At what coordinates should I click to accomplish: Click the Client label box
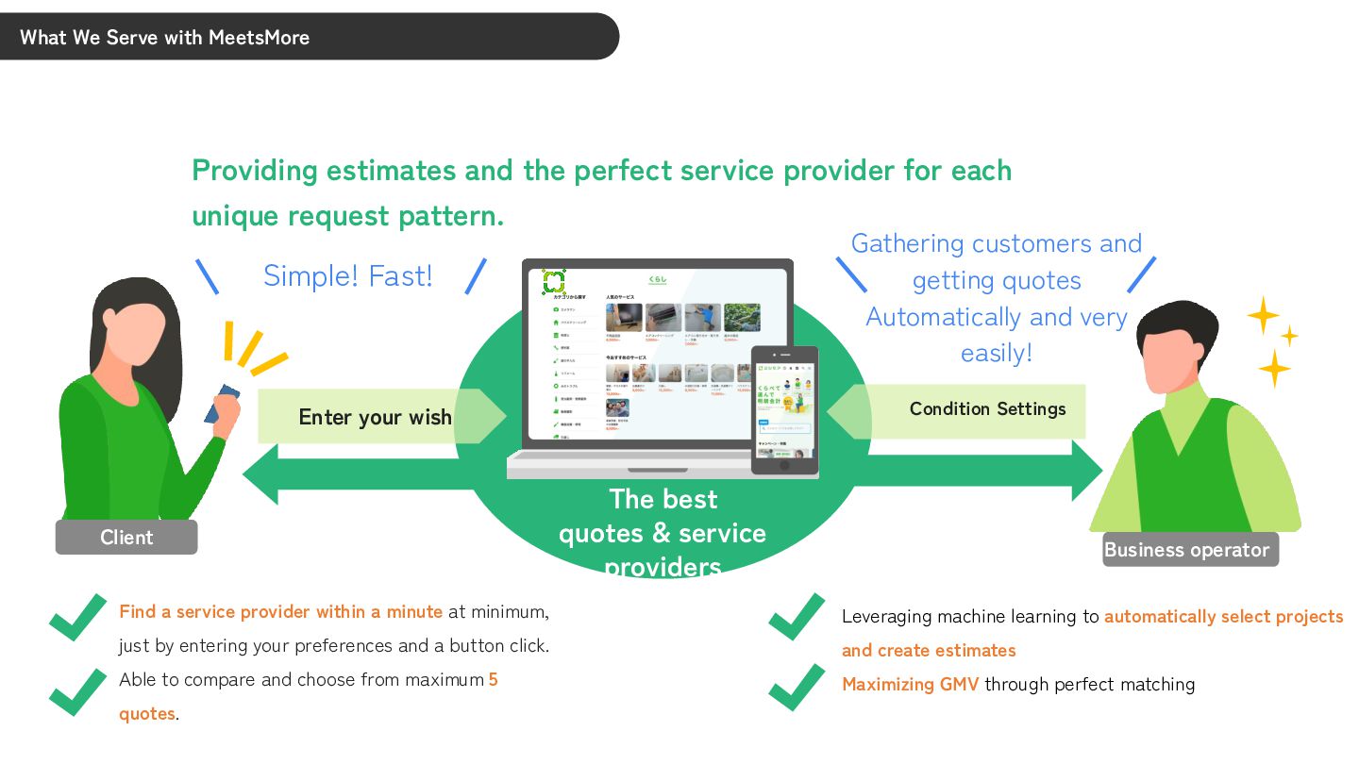tap(126, 537)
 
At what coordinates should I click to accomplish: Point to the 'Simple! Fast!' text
tap(347, 275)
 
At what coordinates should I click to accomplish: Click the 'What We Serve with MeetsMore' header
tap(165, 37)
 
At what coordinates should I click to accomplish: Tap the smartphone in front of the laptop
tap(784, 409)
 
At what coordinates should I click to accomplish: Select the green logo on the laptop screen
tap(553, 281)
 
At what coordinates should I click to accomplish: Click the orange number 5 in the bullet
tap(493, 679)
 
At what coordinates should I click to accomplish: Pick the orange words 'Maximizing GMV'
tap(910, 684)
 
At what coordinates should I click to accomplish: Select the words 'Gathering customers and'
tap(996, 243)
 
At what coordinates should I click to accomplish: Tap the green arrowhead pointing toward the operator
tap(1085, 470)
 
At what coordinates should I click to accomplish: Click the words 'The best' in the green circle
tap(663, 499)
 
